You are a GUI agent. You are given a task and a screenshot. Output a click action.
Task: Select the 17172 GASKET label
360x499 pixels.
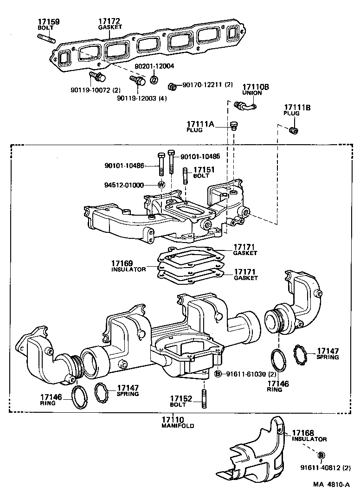tap(109, 24)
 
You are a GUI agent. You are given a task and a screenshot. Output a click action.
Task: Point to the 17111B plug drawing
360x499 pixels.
tap(293, 131)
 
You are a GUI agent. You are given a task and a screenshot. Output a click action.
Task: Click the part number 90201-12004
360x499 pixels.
tap(154, 66)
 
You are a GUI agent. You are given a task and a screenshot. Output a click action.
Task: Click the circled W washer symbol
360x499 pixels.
tap(162, 185)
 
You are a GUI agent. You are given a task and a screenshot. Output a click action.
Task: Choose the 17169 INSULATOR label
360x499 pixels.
tap(129, 266)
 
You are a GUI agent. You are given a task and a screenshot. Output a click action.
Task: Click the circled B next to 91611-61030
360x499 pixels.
tap(218, 374)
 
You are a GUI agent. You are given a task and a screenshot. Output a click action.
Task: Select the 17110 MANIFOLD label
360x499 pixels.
tap(178, 422)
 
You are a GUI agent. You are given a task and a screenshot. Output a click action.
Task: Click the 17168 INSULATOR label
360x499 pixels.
tap(308, 435)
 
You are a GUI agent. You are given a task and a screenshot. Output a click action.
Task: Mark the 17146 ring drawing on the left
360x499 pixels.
tap(81, 396)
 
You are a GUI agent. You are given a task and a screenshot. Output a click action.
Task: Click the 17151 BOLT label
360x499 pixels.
tap(204, 173)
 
